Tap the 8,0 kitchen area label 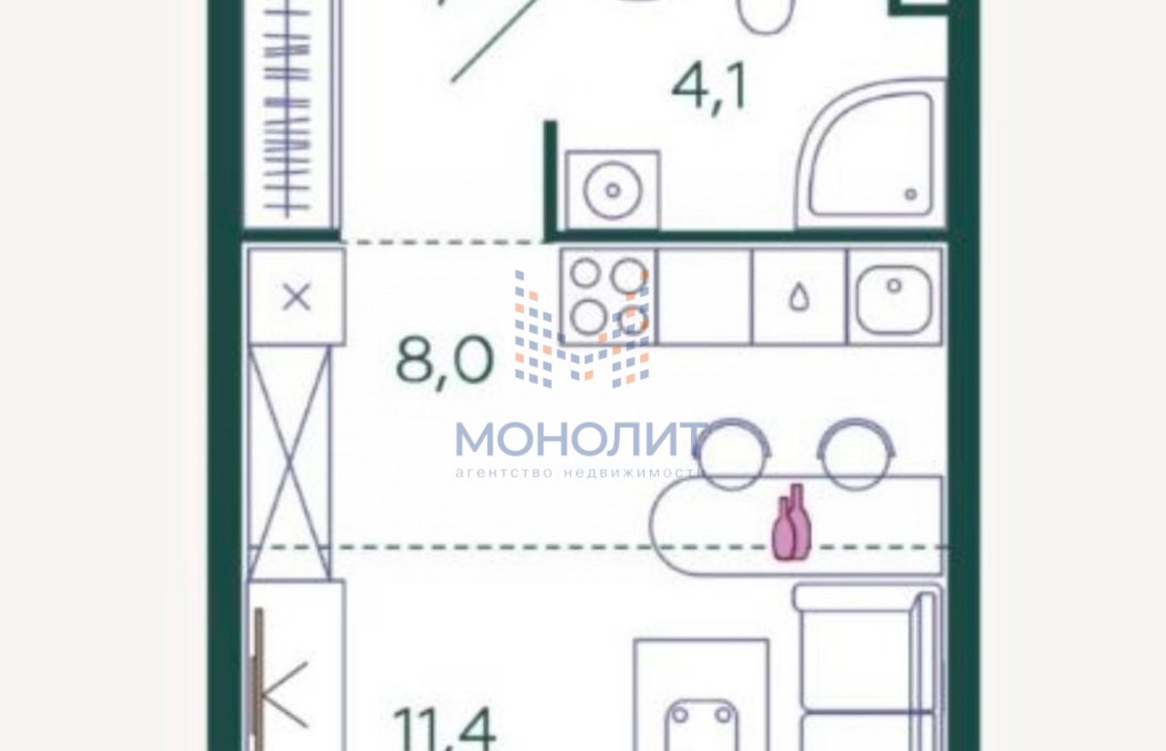point(444,361)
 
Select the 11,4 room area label point(444,729)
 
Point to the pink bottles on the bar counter point(791,522)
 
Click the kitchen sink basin point(894,300)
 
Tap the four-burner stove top point(609,296)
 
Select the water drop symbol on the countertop point(799,298)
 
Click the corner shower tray point(871,154)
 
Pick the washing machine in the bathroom point(613,190)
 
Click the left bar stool point(732,454)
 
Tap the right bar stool point(856,454)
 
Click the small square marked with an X point(296,296)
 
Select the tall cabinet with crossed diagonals point(289,463)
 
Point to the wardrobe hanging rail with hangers point(288,109)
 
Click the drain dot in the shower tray point(911,194)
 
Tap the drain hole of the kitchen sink point(894,286)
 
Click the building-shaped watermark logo point(582,329)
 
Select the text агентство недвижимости point(579,472)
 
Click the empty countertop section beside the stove point(704,296)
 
